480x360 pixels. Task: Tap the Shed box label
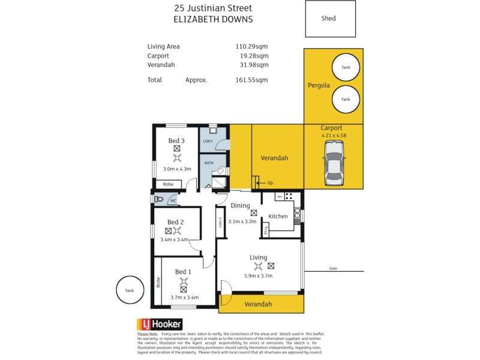328,19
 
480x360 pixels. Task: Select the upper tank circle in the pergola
346,68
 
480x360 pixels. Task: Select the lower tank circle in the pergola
346,100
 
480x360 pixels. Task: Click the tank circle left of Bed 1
130,290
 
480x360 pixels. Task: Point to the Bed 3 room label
176,140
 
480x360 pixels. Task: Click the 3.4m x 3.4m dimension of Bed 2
175,239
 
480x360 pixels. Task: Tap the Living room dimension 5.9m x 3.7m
259,276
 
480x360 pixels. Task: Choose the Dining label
241,206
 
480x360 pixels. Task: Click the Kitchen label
278,216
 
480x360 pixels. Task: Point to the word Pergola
319,85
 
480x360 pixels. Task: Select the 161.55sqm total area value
251,80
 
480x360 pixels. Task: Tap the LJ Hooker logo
159,324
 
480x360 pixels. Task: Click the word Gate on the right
333,268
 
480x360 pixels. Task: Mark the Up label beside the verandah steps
270,182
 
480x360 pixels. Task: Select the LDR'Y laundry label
208,142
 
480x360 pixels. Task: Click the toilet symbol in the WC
159,199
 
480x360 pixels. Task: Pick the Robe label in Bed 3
168,184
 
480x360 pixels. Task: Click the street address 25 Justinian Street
213,8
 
